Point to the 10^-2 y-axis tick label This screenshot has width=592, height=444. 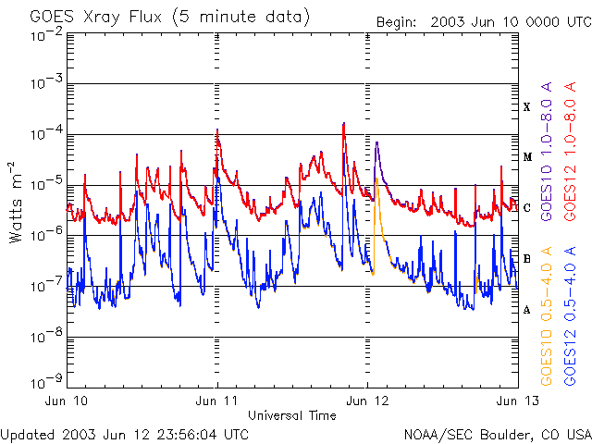pos(47,35)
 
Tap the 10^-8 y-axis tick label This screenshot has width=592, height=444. pos(47,339)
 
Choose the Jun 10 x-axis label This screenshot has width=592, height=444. pos(68,402)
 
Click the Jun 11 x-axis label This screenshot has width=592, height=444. pos(217,402)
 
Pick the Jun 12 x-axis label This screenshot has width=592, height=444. pos(367,402)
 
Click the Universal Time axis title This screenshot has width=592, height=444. pos(291,415)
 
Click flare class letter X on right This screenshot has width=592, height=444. pos(526,107)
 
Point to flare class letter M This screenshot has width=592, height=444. pos(526,157)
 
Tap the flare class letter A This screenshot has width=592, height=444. pos(526,310)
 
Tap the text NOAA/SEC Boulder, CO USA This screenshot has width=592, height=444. pos(497,434)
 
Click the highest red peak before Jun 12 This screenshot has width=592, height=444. pos(343,123)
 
